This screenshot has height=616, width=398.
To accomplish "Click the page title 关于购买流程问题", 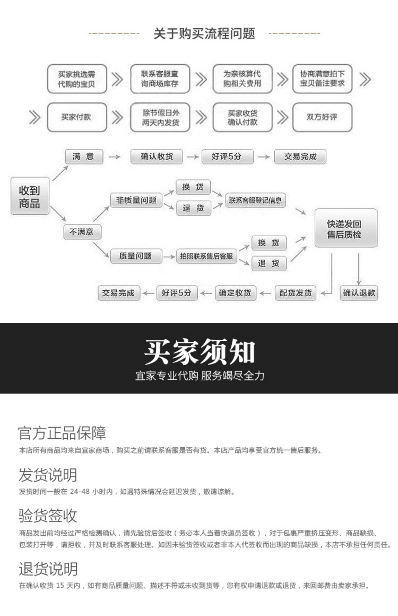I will click(204, 33).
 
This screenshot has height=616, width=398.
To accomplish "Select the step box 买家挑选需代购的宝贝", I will click(77, 79).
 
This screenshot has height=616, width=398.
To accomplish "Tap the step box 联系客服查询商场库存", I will click(160, 79).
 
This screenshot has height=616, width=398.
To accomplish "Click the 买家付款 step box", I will click(77, 117).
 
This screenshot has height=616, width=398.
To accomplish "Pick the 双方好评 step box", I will click(322, 117).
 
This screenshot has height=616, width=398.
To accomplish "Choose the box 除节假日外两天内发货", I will click(160, 117).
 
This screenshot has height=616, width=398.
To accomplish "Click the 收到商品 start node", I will click(30, 196).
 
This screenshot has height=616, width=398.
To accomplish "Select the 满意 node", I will click(84, 157).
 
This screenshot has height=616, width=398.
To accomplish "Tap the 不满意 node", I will click(82, 232).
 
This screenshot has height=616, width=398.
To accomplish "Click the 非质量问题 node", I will click(136, 200).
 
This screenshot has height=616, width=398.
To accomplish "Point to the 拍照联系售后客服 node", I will click(206, 256).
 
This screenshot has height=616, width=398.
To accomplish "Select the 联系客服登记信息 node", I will click(255, 200).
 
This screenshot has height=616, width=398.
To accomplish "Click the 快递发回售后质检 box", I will click(345, 228).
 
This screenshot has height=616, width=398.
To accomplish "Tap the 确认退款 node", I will click(359, 293).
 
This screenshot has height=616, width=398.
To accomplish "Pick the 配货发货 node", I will click(295, 293).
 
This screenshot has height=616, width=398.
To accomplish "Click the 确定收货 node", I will click(235, 293).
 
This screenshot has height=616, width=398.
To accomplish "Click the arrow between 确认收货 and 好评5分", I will click(193, 157).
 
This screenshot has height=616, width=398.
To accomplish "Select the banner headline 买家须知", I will click(199, 352).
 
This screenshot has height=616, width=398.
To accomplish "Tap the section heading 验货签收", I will click(48, 515).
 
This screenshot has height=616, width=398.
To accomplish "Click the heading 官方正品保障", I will click(62, 433).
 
